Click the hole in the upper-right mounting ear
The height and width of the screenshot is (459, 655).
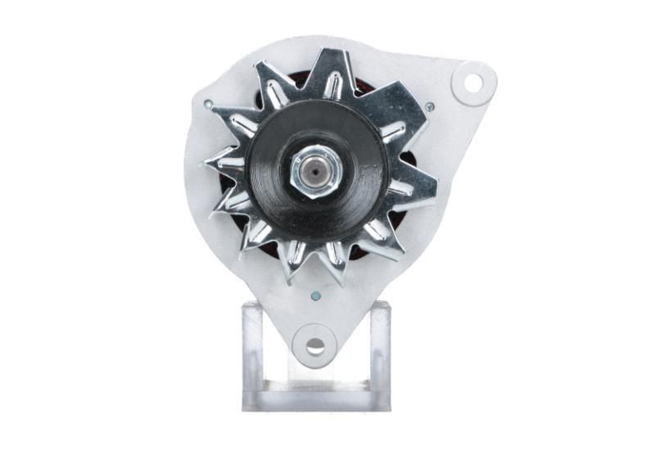tap(472, 82)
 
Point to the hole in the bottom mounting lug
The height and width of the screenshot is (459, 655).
tap(315, 344)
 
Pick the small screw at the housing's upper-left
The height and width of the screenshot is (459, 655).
tap(209, 105)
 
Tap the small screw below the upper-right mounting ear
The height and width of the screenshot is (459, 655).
tap(429, 106)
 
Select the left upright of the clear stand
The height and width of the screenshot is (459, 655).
tap(253, 352)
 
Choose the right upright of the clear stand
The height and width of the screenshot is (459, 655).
tap(380, 352)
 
